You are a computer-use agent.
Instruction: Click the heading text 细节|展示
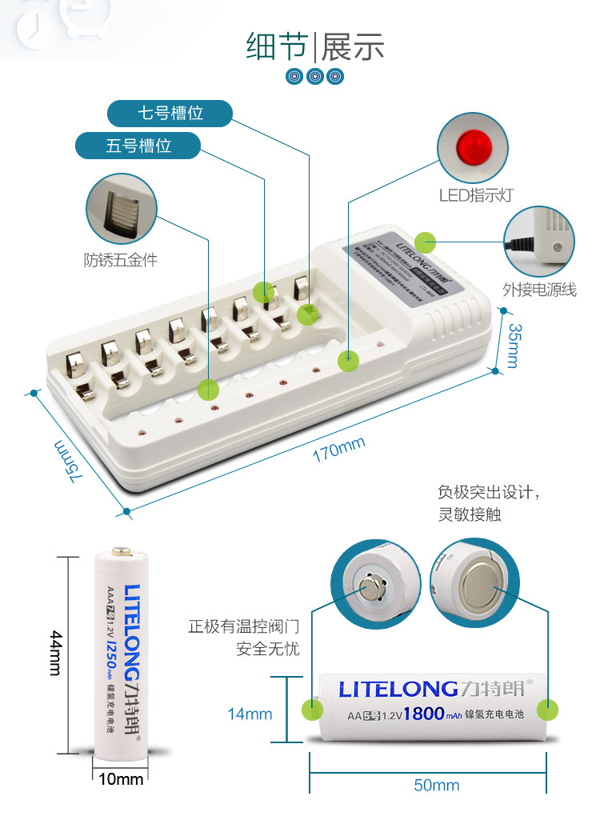314,47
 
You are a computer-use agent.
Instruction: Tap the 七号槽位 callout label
170,114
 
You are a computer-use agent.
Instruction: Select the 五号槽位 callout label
138,146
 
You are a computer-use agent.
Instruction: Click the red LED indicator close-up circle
473,150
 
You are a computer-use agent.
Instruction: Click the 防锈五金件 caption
120,259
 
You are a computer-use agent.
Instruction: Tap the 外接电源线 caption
539,290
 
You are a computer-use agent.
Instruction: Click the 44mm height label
54,651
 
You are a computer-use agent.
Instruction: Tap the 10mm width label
121,778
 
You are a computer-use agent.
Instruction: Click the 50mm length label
436,785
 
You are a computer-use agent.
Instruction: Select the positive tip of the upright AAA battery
121,551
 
